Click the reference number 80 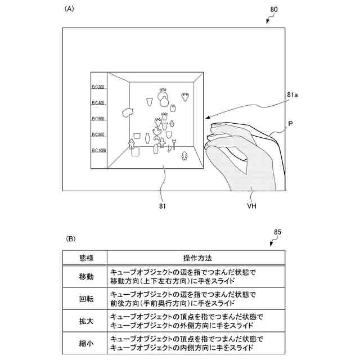[x=274, y=9]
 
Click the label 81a [x=292, y=96]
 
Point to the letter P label [x=290, y=123]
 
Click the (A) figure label [x=70, y=9]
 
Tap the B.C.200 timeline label [x=98, y=87]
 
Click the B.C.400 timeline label [x=98, y=103]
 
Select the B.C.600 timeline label [x=98, y=119]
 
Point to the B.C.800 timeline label [x=98, y=135]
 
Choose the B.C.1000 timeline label [x=99, y=151]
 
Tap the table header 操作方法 [x=197, y=258]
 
